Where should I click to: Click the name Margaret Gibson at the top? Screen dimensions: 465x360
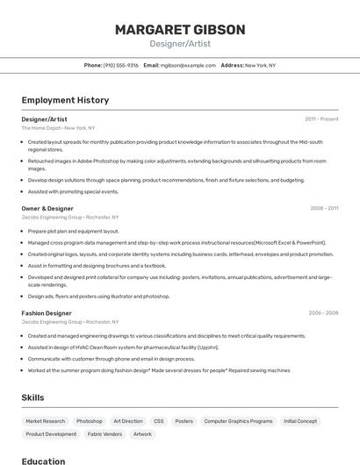click(x=180, y=29)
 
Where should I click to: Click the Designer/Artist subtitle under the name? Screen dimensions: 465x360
click(x=180, y=44)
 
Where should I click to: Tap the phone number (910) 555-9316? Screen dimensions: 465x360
click(x=121, y=65)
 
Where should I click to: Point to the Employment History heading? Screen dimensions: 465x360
click(x=65, y=100)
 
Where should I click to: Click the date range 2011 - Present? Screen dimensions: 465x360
click(x=321, y=118)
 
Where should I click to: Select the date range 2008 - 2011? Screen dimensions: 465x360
click(x=324, y=209)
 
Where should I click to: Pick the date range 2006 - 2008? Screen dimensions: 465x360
click(x=323, y=313)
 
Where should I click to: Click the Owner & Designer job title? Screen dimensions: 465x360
click(x=47, y=209)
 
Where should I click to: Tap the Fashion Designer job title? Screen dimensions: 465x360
click(x=47, y=313)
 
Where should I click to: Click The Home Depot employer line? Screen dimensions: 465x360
click(x=58, y=128)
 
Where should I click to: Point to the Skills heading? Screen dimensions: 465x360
click(x=33, y=397)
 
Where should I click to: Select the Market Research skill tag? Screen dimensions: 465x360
click(x=45, y=421)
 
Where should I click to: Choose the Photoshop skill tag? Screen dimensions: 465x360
click(x=90, y=421)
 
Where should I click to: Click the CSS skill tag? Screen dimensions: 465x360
click(x=158, y=421)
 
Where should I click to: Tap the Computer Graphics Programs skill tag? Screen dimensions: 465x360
click(x=238, y=421)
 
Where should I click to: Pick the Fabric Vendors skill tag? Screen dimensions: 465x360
click(x=104, y=434)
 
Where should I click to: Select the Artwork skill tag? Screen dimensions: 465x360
click(x=142, y=434)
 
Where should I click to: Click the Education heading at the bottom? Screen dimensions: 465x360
click(x=44, y=461)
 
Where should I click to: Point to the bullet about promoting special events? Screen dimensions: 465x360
click(x=73, y=191)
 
